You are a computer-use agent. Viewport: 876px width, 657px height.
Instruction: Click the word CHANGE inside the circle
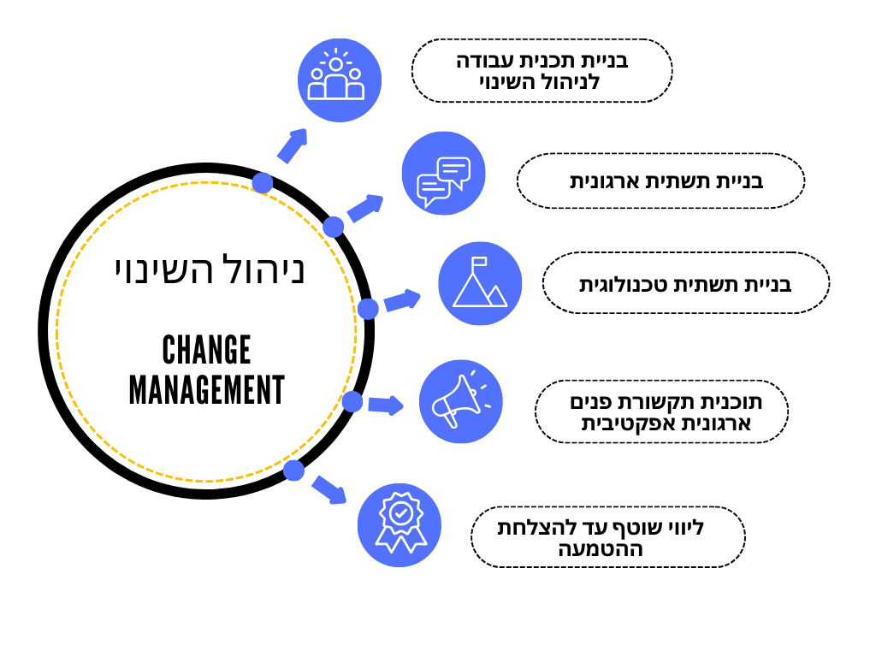coord(206,350)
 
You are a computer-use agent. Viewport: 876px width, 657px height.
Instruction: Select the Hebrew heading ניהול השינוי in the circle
coord(210,269)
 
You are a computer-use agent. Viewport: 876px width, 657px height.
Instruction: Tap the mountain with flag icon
coord(480,283)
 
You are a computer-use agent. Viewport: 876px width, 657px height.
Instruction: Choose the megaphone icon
coord(460,401)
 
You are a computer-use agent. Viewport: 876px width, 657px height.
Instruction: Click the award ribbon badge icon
coord(400,524)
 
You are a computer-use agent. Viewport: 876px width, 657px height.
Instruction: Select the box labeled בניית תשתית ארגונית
coord(660,181)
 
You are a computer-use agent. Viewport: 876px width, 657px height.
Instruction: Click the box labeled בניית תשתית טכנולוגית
coord(685,283)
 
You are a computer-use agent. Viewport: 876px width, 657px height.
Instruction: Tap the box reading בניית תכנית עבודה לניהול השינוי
coord(542,71)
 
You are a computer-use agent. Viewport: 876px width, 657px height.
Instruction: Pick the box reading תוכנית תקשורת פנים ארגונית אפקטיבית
coord(661,412)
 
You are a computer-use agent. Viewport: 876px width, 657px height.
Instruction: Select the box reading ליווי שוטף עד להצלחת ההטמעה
coord(607,537)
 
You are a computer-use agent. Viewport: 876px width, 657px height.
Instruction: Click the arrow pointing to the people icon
coord(292,146)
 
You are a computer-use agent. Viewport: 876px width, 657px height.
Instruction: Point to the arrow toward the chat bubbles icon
coord(365,208)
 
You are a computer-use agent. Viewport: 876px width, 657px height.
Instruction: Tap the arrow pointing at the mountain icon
coord(402,300)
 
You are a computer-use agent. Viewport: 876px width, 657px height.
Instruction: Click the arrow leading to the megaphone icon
coord(386,404)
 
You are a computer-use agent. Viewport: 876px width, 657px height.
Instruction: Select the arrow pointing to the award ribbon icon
coord(329,489)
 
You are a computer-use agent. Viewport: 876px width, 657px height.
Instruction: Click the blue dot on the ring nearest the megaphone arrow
coord(352,401)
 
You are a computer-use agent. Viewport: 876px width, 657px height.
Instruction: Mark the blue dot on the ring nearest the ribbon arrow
coord(293,470)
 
